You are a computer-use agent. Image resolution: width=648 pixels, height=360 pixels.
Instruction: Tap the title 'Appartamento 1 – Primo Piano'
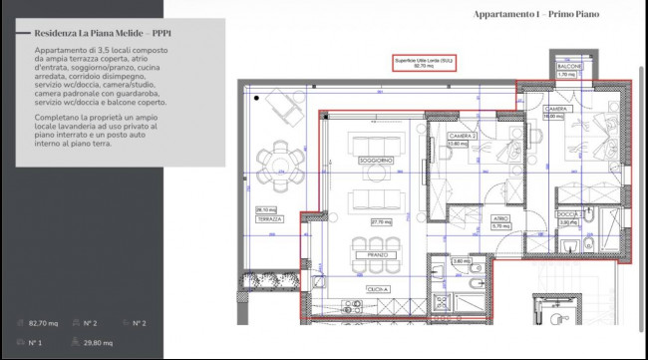pos(537,15)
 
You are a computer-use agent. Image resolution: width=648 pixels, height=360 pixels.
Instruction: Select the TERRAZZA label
pos(267,217)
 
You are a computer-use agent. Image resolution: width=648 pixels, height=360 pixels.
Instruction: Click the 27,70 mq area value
pos(379,221)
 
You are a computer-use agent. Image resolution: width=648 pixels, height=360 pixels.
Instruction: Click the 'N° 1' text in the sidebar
pos(36,343)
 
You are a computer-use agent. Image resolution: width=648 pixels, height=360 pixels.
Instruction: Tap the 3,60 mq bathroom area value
pos(461,262)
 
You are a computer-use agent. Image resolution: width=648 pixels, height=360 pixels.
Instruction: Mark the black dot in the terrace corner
pos(257,97)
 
